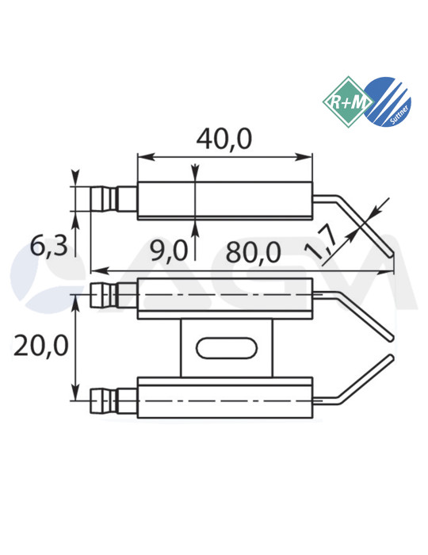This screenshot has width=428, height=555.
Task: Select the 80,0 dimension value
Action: (253, 252)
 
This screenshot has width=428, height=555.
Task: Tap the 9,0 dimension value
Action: (168, 251)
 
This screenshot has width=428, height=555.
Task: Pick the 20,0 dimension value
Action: (40, 346)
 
